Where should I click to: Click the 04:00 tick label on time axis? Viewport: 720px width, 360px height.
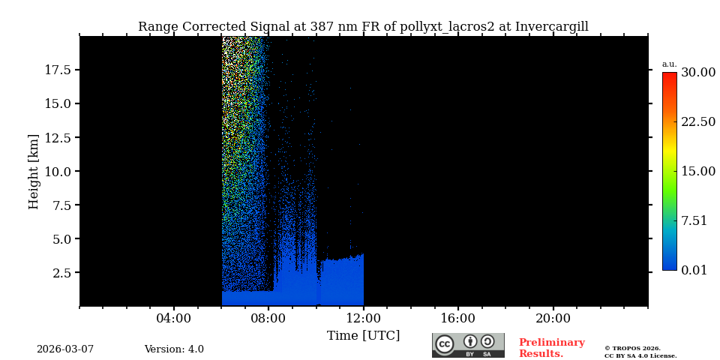click(173, 318)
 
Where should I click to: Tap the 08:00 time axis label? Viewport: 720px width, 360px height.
click(268, 318)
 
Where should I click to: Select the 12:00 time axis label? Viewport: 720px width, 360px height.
click(363, 318)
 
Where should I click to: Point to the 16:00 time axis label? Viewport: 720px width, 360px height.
click(457, 318)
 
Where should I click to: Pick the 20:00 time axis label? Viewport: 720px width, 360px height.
click(553, 318)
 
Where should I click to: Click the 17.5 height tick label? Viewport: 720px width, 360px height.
click(58, 70)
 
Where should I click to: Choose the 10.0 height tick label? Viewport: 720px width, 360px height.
click(58, 171)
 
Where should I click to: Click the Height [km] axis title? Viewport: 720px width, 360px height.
click(34, 171)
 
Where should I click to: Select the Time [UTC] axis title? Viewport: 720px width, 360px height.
click(363, 336)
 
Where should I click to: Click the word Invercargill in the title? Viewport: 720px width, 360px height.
click(551, 27)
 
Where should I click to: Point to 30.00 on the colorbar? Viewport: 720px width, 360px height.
click(697, 73)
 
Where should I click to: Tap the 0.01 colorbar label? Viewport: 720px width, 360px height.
click(694, 270)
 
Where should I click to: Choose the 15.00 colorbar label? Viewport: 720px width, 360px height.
click(697, 172)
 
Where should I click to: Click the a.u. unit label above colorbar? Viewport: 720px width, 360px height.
click(669, 64)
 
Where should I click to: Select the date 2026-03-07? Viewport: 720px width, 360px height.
click(65, 349)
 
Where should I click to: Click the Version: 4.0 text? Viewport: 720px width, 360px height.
click(174, 349)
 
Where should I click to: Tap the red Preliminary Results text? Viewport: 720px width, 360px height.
click(551, 348)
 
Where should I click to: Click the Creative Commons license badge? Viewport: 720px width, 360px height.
click(468, 345)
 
